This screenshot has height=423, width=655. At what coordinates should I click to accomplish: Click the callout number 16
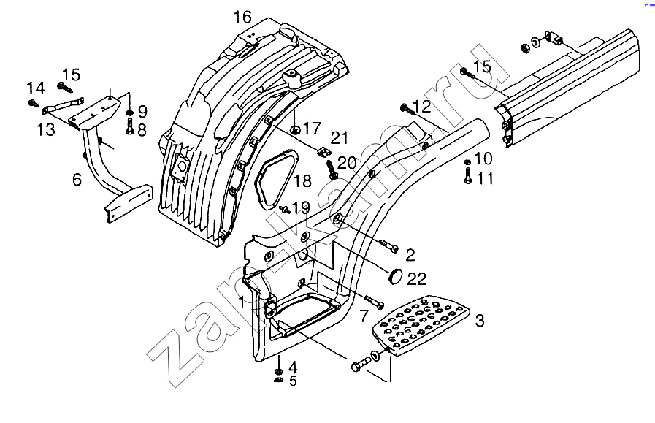coord(242,17)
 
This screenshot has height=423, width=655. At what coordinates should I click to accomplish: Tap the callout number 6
coord(77,180)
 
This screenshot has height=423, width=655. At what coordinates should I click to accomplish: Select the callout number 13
coord(46,129)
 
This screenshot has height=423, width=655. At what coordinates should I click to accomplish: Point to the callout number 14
coord(37,88)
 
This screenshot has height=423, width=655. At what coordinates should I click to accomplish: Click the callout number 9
coord(142,112)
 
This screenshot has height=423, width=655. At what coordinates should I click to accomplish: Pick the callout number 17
coord(312,129)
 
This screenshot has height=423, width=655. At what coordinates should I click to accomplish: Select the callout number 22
coord(416,278)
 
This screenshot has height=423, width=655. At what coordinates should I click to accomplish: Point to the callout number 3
coord(480,319)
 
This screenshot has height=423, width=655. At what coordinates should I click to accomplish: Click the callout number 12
coord(422,107)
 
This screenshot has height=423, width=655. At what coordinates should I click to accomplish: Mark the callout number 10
coord(483,159)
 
